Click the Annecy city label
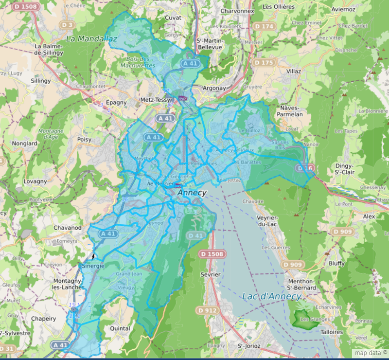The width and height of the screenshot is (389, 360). [x=192, y=193]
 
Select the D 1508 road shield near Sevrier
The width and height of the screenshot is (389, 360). [x=212, y=254]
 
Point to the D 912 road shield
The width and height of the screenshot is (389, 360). [x=207, y=310]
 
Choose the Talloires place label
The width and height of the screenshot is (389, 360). [x=333, y=332]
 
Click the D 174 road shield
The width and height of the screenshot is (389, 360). [x=264, y=26]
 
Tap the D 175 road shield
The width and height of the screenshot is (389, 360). [x=264, y=63]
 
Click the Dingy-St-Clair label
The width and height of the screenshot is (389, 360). [x=343, y=168]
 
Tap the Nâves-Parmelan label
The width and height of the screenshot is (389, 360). [x=291, y=110]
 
